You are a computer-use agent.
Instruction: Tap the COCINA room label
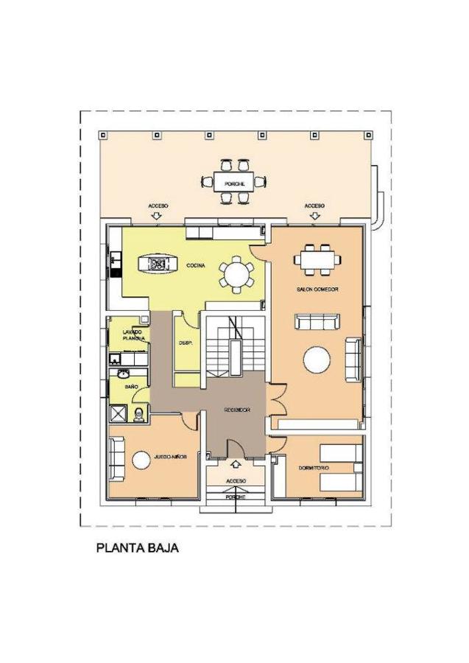[194, 265]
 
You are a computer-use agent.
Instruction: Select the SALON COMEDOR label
[317, 290]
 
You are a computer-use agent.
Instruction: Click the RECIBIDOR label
[237, 410]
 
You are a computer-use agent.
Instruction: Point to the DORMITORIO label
[314, 469]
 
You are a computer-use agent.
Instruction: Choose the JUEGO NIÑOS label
[170, 457]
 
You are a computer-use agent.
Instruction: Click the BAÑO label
[132, 386]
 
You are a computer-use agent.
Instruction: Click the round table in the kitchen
[236, 275]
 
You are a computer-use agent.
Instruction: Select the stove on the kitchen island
[157, 263]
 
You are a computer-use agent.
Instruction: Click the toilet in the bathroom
[138, 415]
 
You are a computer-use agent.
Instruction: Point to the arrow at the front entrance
[236, 464]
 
